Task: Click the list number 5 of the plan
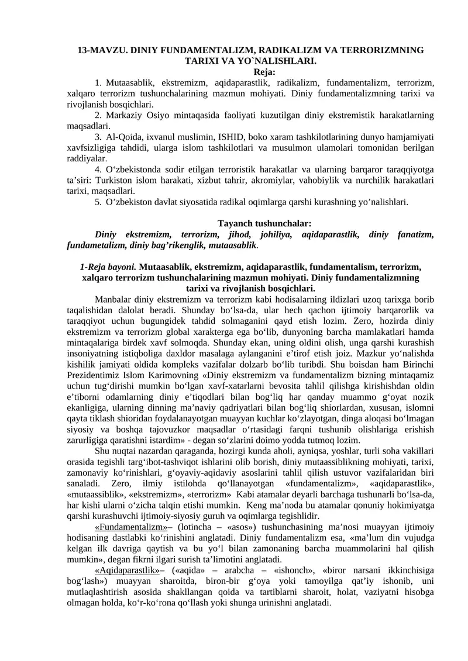pyautogui.click(x=98, y=202)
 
